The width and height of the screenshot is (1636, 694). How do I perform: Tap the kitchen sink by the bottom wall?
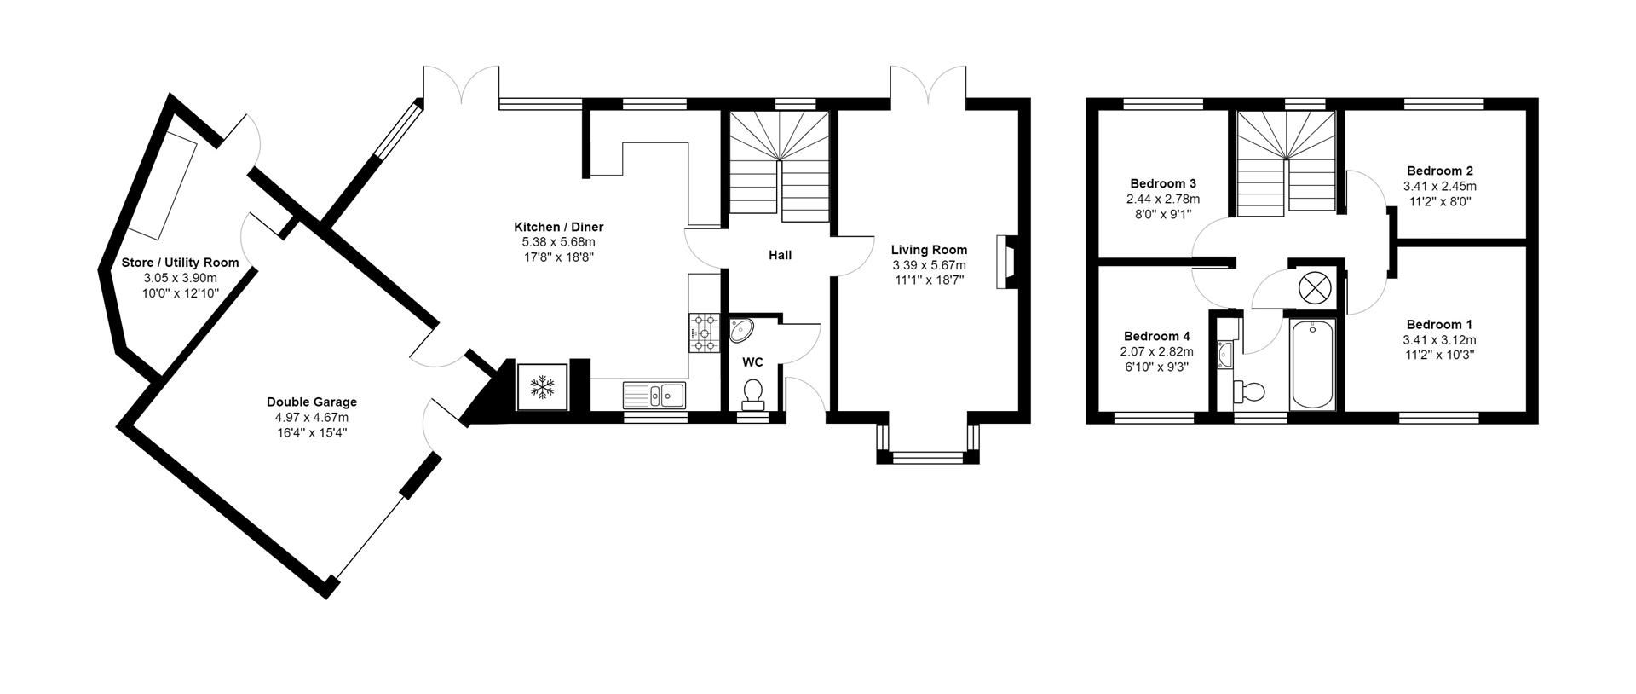[x=654, y=395]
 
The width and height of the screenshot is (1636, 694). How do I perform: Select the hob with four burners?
[x=705, y=333]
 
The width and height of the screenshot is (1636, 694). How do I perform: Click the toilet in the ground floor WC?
[x=752, y=395]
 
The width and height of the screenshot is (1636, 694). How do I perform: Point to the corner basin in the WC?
[x=741, y=330]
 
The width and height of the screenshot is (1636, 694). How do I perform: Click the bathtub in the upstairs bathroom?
[x=1314, y=366]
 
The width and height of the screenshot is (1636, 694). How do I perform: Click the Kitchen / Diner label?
[x=558, y=227]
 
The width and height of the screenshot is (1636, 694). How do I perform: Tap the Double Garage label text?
[x=312, y=402]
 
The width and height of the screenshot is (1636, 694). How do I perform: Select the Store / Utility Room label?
[x=180, y=263]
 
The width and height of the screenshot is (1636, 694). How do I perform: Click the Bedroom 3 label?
[x=1163, y=183]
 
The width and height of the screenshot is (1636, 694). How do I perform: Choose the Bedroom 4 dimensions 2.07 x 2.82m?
[x=1157, y=351]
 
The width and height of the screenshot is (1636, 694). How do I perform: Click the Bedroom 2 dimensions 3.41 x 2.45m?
[x=1439, y=186]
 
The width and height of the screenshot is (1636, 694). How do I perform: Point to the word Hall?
[x=780, y=255]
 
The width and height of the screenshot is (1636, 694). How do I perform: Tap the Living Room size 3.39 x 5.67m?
[x=929, y=266]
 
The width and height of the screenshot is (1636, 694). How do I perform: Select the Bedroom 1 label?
[x=1439, y=324]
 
